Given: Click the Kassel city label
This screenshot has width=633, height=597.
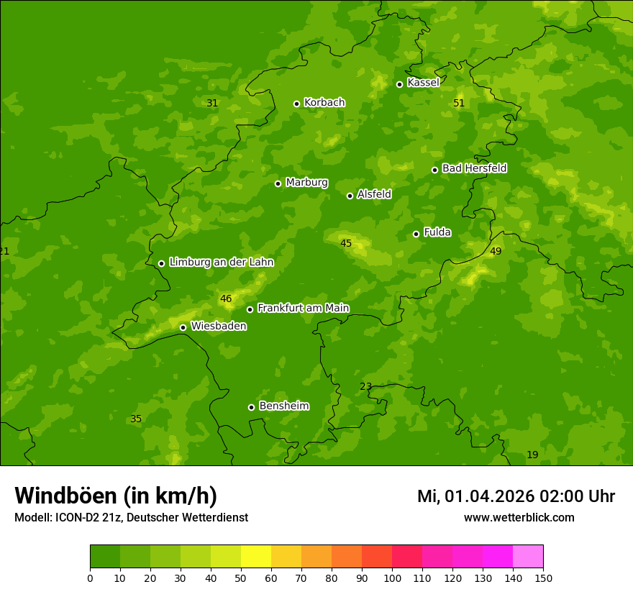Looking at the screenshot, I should (x=423, y=83).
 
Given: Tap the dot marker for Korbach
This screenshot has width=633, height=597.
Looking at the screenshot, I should (x=296, y=104).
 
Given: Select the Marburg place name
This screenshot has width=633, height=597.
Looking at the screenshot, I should (x=306, y=183).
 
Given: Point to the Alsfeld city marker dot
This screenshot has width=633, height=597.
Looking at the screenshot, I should (x=350, y=196).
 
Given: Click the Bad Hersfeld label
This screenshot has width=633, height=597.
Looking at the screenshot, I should (x=474, y=168).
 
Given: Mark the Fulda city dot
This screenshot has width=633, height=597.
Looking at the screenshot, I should (x=416, y=234).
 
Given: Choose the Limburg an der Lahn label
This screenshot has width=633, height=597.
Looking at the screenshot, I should (x=221, y=263).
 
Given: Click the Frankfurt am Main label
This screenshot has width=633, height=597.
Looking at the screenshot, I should (x=303, y=309).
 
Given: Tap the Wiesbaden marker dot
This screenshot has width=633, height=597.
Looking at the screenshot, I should (x=183, y=327).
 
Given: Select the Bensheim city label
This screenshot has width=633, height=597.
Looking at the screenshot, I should (x=283, y=406).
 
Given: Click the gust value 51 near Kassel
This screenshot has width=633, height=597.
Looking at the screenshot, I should (x=459, y=104).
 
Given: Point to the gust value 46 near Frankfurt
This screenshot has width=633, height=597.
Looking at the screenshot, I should (x=226, y=299).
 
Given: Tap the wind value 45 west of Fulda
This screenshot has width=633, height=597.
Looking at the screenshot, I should (x=346, y=244).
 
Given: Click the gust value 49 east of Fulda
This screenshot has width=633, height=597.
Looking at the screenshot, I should (x=496, y=252).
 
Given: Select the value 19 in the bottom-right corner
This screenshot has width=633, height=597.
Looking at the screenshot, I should (x=532, y=455).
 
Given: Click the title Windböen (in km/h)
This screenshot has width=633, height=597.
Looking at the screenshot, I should (x=116, y=496).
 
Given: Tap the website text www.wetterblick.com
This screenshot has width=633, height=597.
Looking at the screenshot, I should (x=519, y=518).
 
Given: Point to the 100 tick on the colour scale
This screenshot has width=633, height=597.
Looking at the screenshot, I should (x=392, y=578).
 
